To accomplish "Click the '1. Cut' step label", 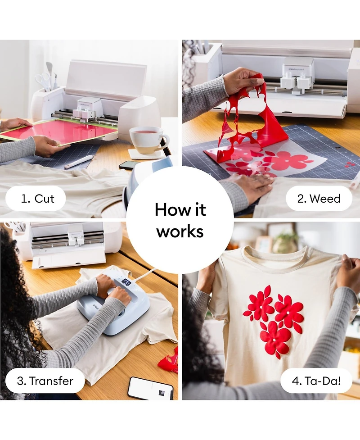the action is coord(37,199).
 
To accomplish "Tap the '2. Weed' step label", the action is coord(319,199).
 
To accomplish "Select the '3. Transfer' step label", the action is coord(45,381).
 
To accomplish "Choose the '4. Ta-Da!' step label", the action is coord(316,381).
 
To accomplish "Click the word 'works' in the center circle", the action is coord(180,231).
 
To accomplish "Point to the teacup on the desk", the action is coord(148,140).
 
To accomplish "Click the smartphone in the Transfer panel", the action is coord(150,388).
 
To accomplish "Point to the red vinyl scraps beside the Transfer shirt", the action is coord(169,360).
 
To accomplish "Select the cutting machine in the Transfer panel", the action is coord(67,244).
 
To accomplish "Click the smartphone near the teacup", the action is coord(129,165).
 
